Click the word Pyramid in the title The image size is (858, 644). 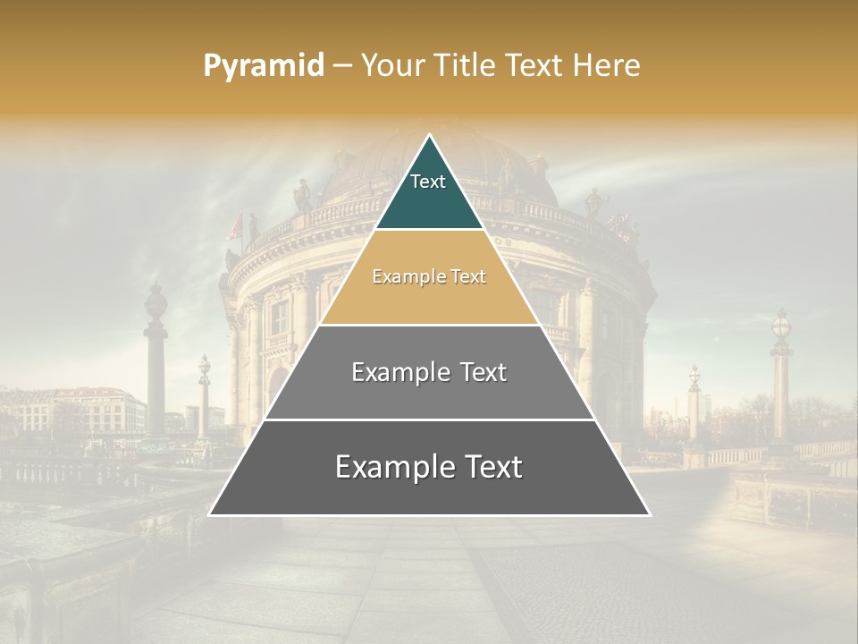(263, 66)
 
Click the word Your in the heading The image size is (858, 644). (394, 65)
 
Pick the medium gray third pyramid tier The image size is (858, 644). (429, 394)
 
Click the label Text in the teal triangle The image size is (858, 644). (428, 182)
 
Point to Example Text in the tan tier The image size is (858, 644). (429, 276)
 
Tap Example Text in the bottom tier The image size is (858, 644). (429, 467)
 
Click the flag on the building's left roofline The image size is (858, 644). (234, 227)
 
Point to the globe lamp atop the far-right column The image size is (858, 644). (781, 325)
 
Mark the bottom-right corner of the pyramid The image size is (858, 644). (649, 514)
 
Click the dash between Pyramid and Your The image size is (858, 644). (342, 66)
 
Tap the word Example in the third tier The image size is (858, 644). (393, 372)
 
